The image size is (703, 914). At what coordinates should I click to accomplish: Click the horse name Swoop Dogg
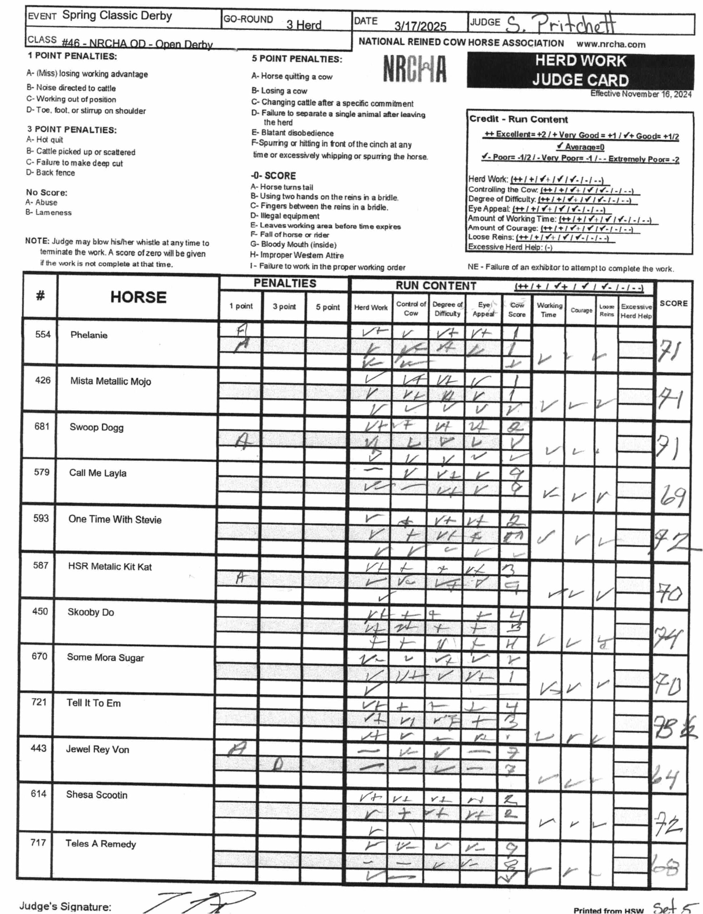[x=96, y=427]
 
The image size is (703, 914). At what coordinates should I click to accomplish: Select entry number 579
[x=41, y=472]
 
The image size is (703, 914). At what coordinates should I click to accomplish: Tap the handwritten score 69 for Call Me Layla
[x=672, y=497]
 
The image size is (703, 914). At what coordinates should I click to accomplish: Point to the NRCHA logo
[x=414, y=70]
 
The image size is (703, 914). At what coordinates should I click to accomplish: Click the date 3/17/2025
[x=420, y=27]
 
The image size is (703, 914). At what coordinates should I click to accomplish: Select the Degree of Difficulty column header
[x=447, y=309]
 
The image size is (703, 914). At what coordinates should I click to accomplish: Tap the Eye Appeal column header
[x=483, y=309]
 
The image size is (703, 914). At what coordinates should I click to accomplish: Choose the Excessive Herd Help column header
[x=636, y=311]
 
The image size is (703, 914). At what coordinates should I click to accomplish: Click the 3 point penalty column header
[x=284, y=307]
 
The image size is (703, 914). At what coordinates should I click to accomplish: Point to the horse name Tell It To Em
[x=93, y=703]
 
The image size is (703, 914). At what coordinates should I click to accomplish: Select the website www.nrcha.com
[x=611, y=44]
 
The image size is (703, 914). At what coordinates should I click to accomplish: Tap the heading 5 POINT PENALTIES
[x=297, y=59]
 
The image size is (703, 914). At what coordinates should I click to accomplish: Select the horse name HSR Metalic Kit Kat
[x=110, y=567]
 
